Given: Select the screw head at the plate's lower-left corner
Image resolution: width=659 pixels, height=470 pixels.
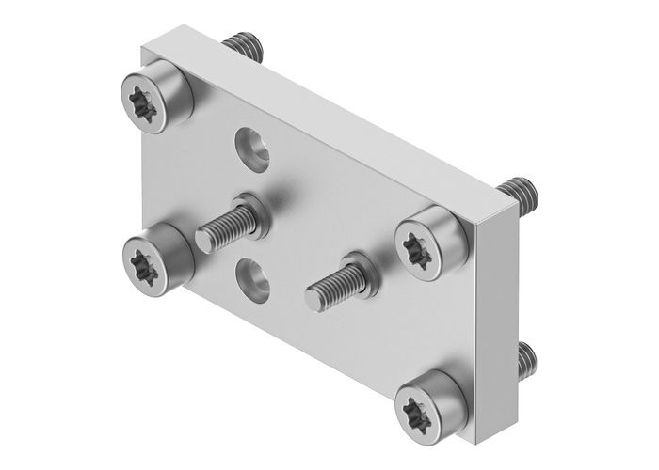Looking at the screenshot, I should (x=154, y=256).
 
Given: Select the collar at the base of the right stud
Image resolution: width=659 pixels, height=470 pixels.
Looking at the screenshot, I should (x=363, y=269).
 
